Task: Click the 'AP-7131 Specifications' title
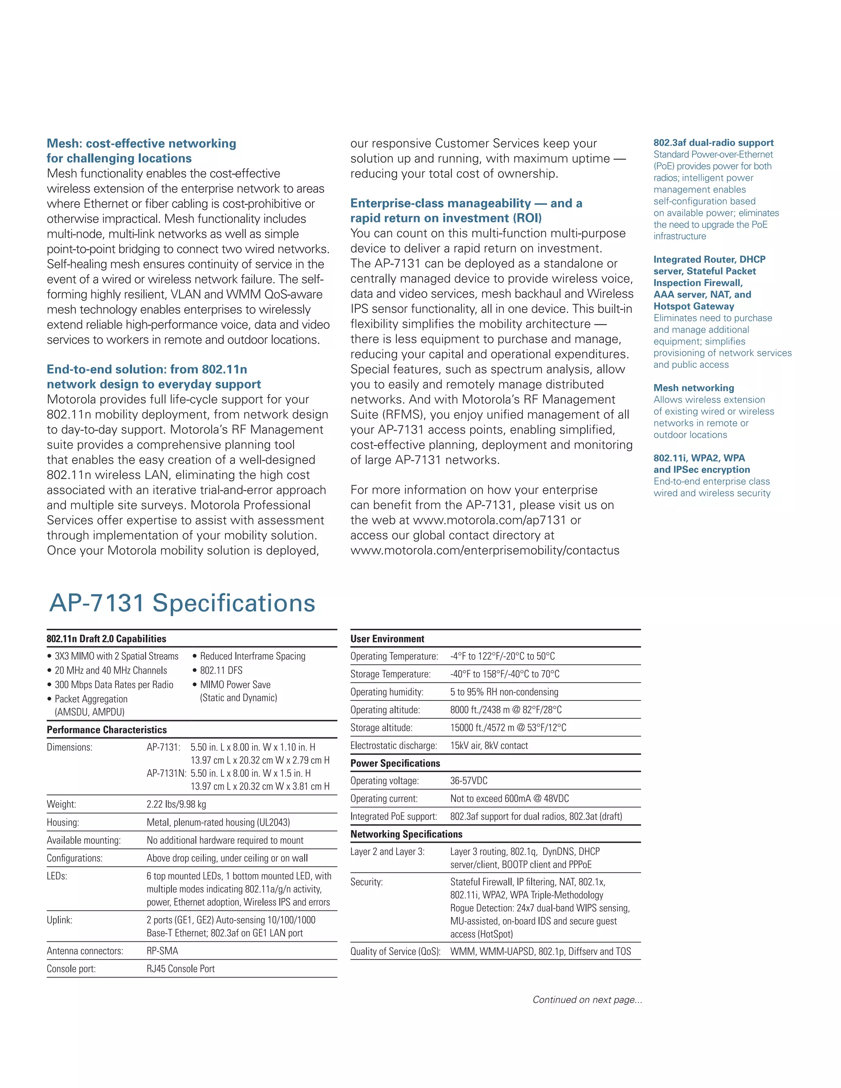pos(182,603)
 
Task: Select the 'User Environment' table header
pos(387,639)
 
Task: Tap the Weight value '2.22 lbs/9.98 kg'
pos(176,804)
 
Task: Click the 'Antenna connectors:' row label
pos(85,950)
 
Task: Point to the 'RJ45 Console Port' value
pos(180,969)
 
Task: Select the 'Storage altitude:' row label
pos(381,728)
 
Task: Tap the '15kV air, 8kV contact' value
pos(489,745)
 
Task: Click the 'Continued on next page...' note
pos(587,999)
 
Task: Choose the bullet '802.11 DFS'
pos(221,670)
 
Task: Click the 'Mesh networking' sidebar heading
pos(694,388)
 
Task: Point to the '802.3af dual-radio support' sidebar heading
pos(713,142)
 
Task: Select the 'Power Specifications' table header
pos(395,763)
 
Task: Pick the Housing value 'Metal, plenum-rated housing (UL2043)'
pos(218,822)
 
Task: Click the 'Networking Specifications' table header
pos(406,834)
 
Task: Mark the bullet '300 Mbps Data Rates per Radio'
pos(114,684)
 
